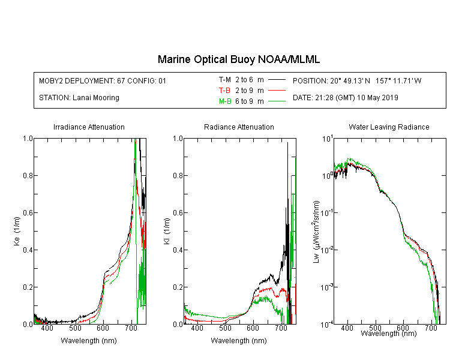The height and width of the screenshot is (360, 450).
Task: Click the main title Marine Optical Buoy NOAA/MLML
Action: (x=238, y=59)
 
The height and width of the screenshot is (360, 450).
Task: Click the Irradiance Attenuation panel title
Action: (x=89, y=127)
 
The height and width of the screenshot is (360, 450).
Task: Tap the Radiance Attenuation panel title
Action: (x=239, y=127)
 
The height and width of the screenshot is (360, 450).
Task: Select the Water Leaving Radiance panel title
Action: (x=389, y=127)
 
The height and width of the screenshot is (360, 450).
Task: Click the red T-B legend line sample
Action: (x=277, y=91)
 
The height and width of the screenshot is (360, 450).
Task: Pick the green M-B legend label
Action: (x=225, y=101)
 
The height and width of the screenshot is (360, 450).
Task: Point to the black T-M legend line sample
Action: (x=277, y=80)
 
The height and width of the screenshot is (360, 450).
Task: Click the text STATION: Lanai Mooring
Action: (x=79, y=98)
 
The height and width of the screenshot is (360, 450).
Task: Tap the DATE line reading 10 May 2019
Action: (x=345, y=98)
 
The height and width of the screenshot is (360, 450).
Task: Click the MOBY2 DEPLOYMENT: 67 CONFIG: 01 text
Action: (x=103, y=81)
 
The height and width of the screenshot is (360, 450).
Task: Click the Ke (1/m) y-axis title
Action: (x=17, y=231)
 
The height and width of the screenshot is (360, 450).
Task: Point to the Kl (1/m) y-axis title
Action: (x=167, y=231)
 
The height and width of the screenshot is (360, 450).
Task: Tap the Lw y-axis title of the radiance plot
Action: (x=316, y=232)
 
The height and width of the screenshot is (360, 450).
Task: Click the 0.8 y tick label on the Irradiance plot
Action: (x=28, y=175)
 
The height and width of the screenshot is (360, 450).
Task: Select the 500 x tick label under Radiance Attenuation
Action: (x=225, y=328)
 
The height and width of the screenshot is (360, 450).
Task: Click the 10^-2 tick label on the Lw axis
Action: (x=328, y=249)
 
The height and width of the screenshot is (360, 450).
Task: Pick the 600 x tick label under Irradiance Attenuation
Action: (x=103, y=328)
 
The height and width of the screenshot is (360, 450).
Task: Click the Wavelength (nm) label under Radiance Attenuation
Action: (x=239, y=341)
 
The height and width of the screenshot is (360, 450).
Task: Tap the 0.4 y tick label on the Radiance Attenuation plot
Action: (x=178, y=250)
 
